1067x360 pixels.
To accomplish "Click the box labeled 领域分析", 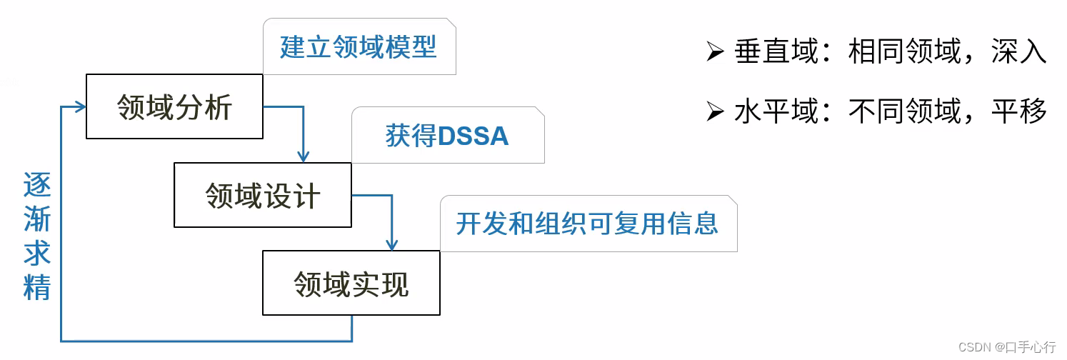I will (174, 107).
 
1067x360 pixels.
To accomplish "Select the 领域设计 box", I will (263, 195).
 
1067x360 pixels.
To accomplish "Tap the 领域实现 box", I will (351, 283).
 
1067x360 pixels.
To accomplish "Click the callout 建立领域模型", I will (359, 47).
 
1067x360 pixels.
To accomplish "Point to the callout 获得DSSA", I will (447, 136).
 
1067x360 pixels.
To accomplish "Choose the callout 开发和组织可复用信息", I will (587, 224).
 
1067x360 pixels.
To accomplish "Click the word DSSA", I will (474, 136).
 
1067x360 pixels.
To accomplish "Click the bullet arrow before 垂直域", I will (715, 52).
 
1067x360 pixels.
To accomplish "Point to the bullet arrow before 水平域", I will (715, 111).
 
